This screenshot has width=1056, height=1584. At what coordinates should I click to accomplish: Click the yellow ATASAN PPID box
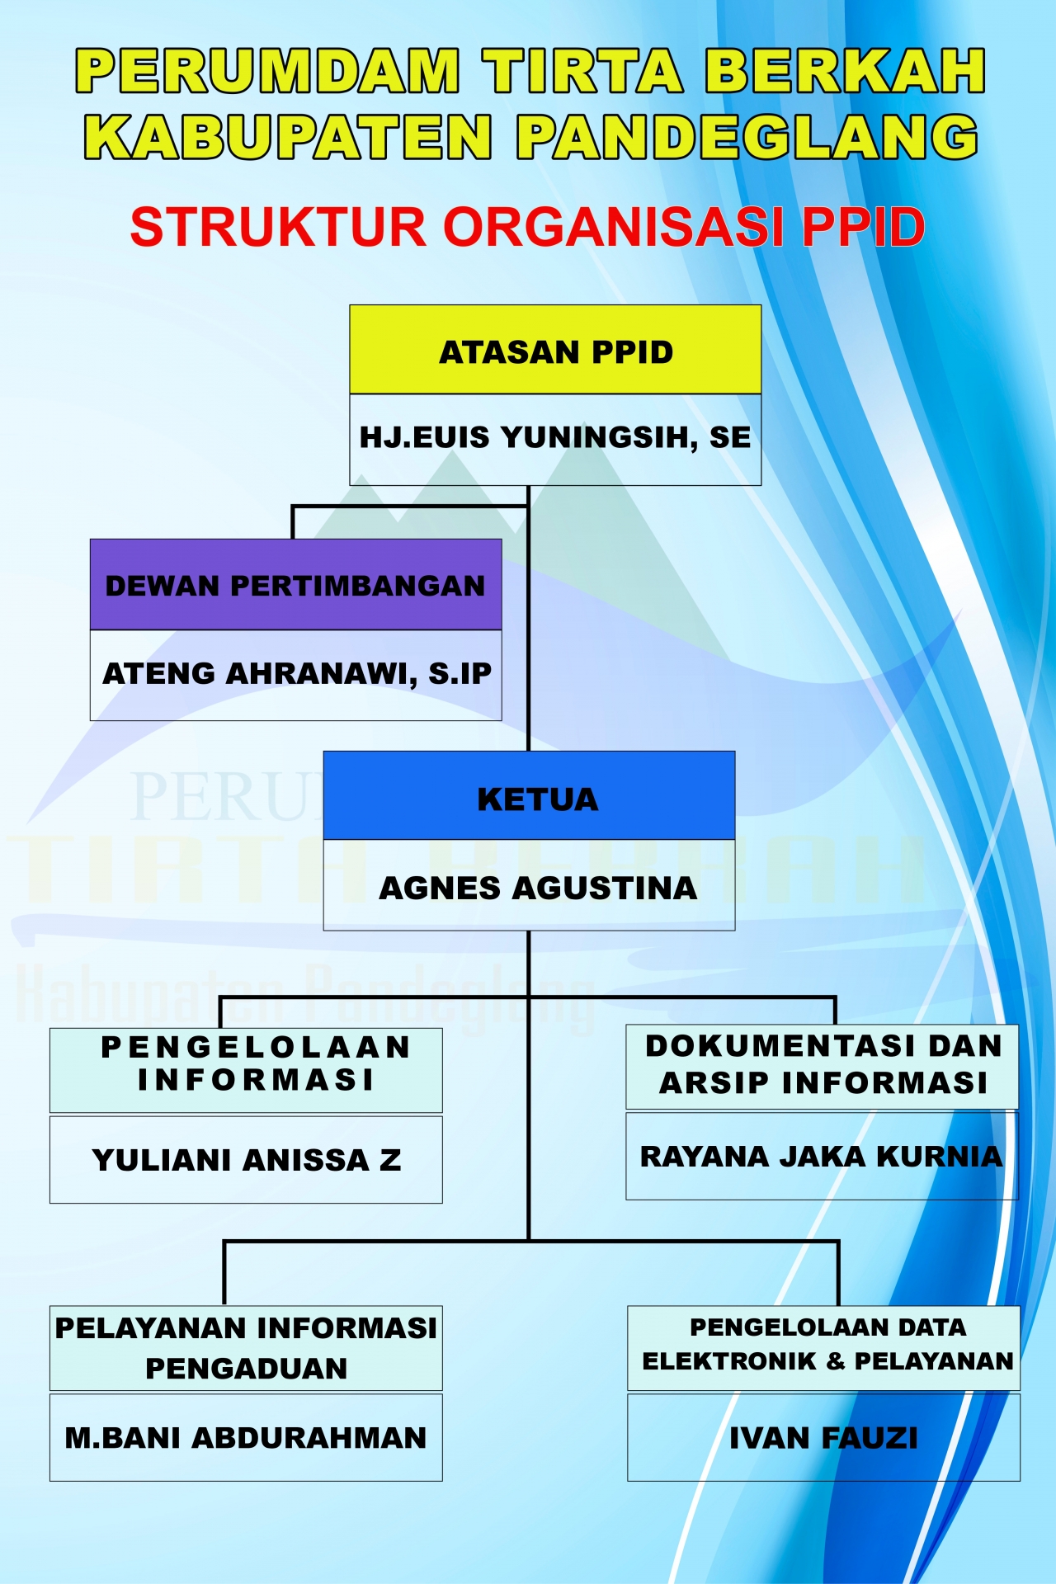tap(555, 350)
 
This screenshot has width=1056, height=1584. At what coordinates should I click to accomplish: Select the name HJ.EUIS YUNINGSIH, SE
tap(555, 437)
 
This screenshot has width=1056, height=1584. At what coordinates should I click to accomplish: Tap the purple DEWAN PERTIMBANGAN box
tap(295, 585)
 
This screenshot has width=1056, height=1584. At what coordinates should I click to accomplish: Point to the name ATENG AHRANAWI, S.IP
tap(296, 673)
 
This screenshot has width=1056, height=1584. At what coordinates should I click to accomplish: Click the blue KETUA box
tap(529, 796)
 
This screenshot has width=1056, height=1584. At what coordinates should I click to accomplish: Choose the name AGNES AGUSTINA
tap(538, 888)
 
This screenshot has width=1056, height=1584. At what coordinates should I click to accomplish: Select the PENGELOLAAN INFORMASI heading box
tap(246, 1070)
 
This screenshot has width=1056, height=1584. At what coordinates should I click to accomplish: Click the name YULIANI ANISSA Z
tap(247, 1160)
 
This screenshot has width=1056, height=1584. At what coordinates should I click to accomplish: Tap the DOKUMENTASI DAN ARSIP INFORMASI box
tap(823, 1067)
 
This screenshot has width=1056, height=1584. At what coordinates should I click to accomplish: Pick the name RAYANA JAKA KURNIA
tap(822, 1157)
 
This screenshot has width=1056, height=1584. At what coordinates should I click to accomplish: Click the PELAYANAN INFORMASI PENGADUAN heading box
tap(246, 1348)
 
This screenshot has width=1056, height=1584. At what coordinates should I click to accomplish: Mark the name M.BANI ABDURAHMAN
tap(246, 1438)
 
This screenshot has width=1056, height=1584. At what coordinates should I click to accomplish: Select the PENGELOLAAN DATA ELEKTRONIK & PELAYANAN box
tap(824, 1348)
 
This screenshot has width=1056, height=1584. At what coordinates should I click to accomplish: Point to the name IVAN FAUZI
tap(823, 1438)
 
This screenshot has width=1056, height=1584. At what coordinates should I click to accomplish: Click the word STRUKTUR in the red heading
tap(278, 227)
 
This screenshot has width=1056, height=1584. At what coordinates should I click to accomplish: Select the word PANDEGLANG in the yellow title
tap(747, 136)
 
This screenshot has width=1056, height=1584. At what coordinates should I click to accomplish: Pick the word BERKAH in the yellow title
tap(845, 70)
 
